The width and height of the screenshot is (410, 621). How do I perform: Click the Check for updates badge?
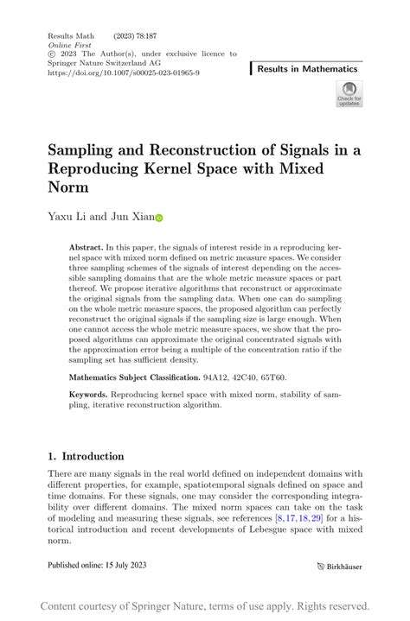point(349,93)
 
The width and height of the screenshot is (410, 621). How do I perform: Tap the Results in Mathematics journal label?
point(307,68)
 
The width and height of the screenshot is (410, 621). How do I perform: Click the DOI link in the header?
point(125,73)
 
